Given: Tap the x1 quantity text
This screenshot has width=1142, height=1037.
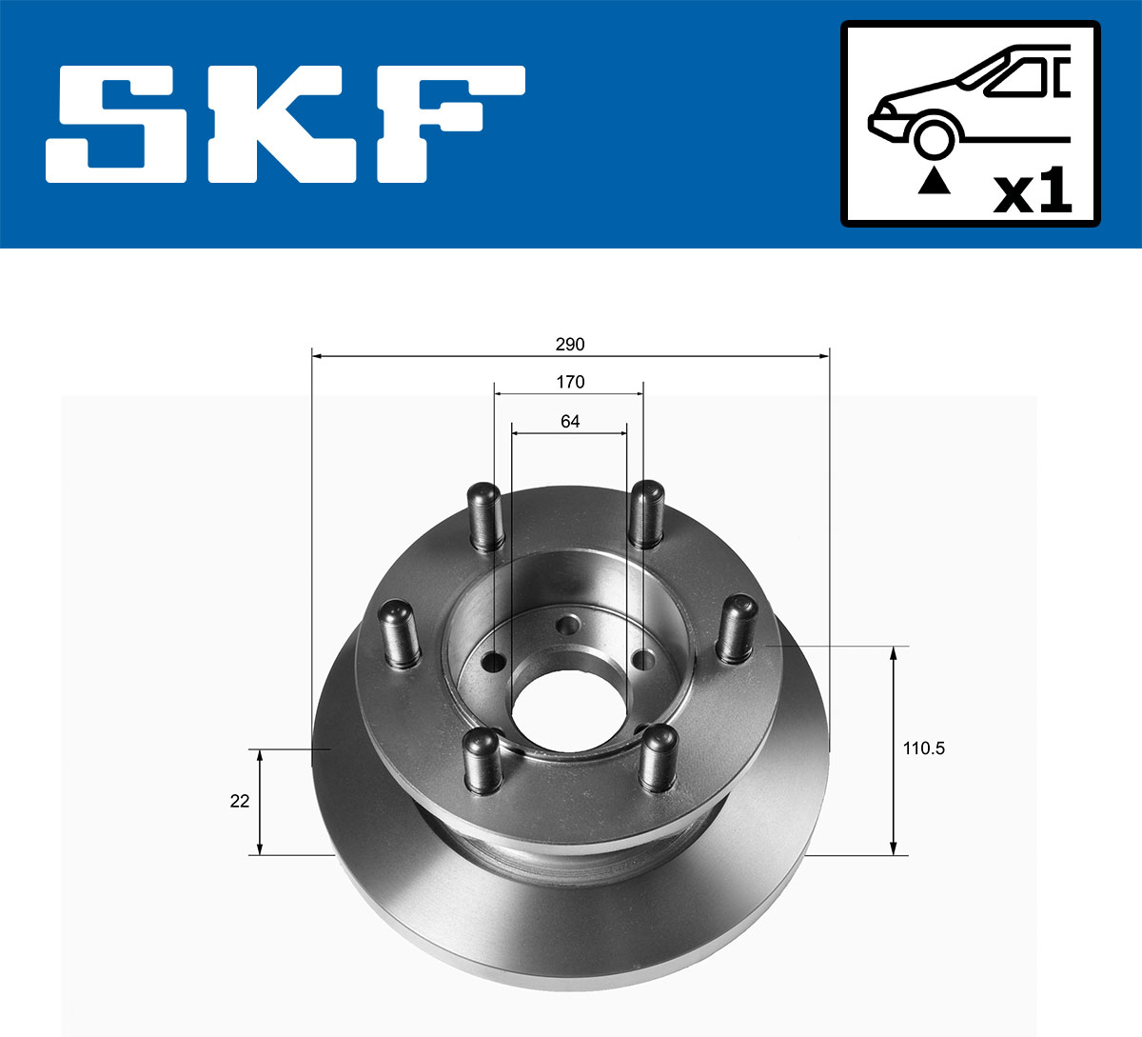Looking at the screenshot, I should point(1033,193).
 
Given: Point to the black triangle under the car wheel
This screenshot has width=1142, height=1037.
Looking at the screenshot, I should point(934,180).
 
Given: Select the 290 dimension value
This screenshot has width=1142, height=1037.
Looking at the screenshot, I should point(570,344).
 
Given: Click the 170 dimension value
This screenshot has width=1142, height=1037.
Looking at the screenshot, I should point(570,382).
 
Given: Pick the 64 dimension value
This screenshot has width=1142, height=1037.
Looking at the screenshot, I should point(570,421).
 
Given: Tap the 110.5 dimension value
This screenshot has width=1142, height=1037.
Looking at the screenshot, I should point(923,748).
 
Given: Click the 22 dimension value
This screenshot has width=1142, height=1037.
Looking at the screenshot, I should point(240,801).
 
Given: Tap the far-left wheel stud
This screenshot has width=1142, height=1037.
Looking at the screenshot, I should point(400,631).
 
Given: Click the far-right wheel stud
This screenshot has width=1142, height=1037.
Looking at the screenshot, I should point(736,628).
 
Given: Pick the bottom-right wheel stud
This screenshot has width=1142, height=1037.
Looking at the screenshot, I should point(657,758).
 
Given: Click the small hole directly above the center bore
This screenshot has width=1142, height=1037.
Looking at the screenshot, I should point(569,627).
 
